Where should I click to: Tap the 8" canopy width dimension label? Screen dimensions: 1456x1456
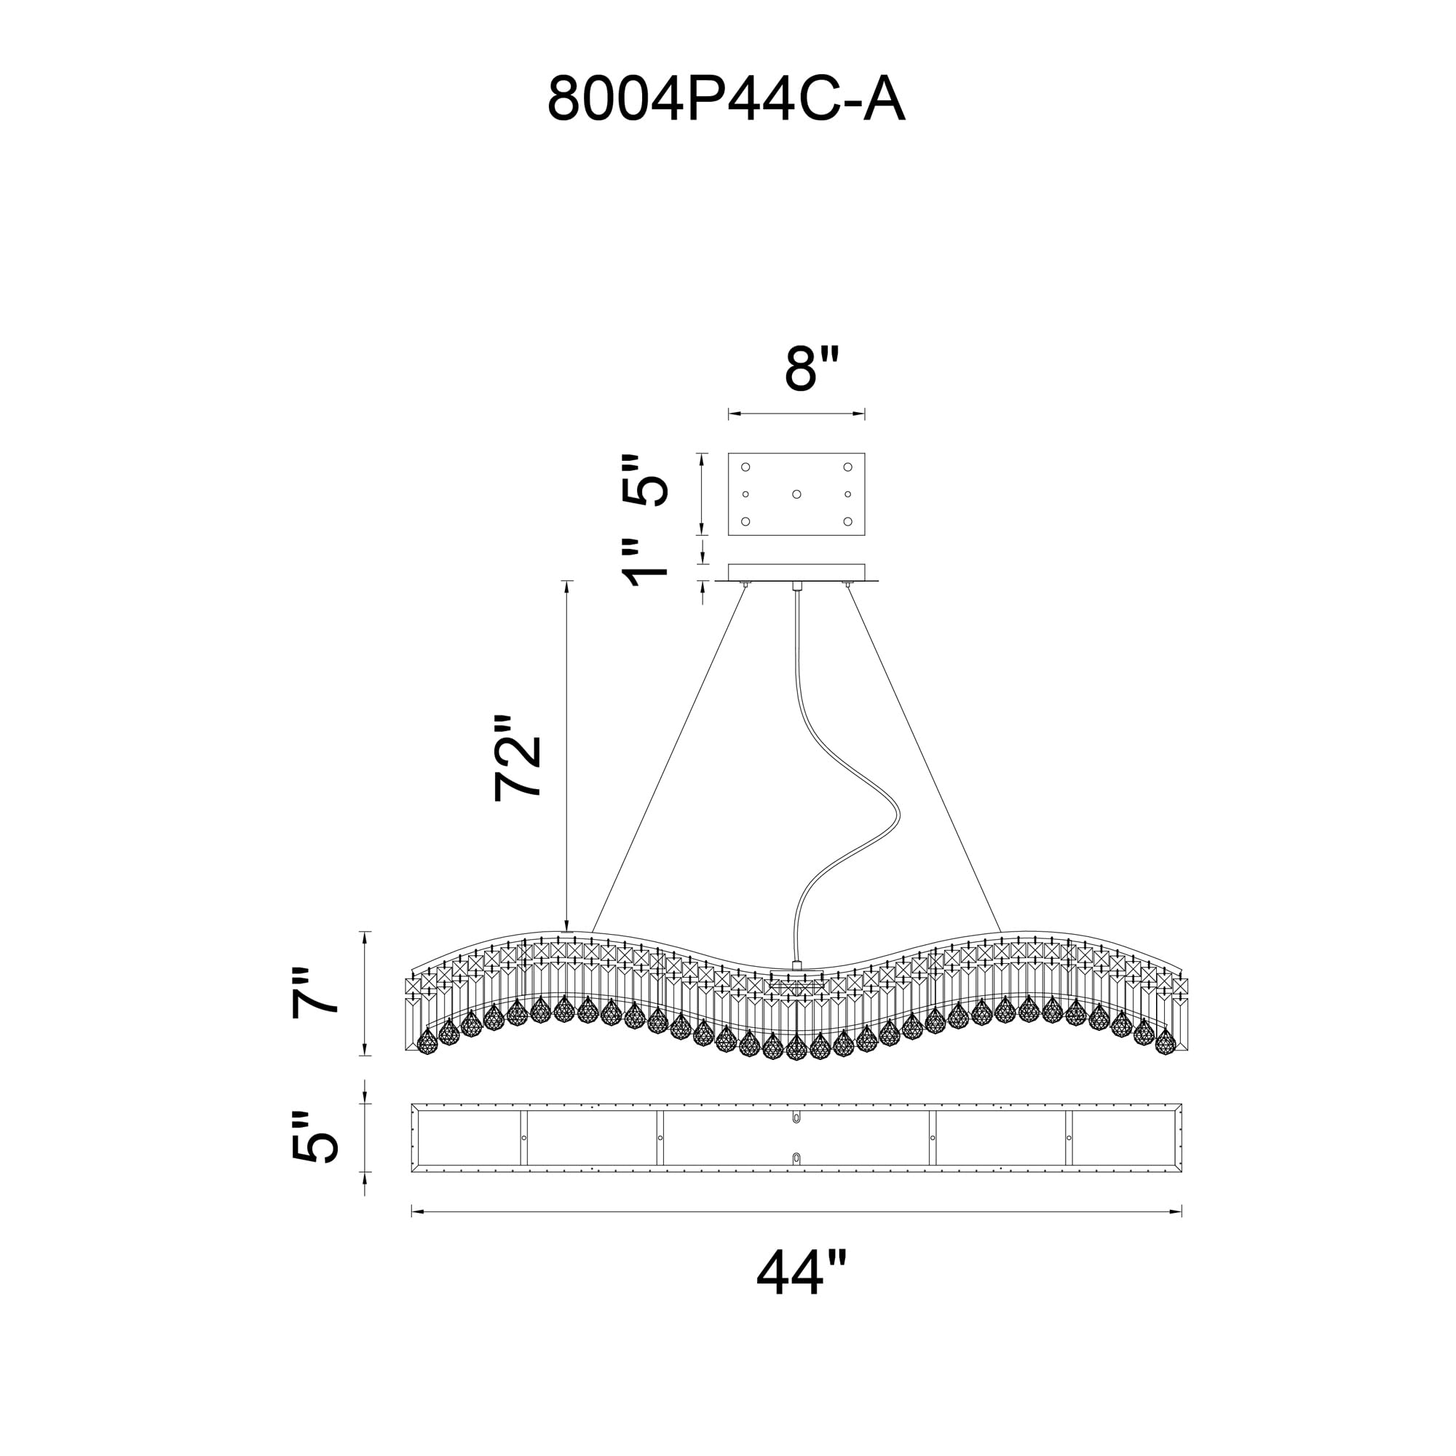click(x=811, y=369)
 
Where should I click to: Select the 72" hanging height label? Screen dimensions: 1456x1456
click(x=518, y=757)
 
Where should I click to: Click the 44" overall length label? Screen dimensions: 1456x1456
click(x=801, y=1272)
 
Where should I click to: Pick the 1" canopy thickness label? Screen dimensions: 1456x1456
click(x=645, y=562)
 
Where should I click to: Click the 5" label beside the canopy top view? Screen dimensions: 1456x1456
click(x=645, y=480)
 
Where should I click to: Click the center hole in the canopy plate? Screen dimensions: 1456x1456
click(x=796, y=494)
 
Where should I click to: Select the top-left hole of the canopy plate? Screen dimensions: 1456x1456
click(x=745, y=467)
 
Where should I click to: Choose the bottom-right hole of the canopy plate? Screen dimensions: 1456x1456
click(x=848, y=521)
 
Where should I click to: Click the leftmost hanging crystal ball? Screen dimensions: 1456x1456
click(x=427, y=1042)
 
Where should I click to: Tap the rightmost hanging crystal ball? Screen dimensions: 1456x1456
click(x=1165, y=1042)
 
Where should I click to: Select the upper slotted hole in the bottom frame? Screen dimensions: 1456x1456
click(x=796, y=1117)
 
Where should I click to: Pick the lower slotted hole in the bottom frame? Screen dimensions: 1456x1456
click(x=796, y=1158)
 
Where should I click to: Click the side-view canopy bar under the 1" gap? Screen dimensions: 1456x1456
click(x=796, y=573)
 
